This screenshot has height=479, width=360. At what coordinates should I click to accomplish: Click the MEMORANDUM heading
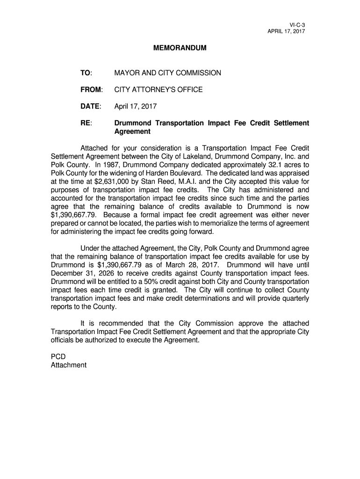pos(180,48)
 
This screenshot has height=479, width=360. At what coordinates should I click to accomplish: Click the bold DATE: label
pos(90,106)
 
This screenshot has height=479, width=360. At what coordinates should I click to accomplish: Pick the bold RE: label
pos(86,123)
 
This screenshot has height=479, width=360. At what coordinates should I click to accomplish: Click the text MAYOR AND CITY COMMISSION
pos(167,73)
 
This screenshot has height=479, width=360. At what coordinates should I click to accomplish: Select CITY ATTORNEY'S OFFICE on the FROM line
pos(158,89)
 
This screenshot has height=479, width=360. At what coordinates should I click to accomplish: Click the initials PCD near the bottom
pos(58,356)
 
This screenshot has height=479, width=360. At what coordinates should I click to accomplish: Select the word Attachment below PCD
pos(68,365)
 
